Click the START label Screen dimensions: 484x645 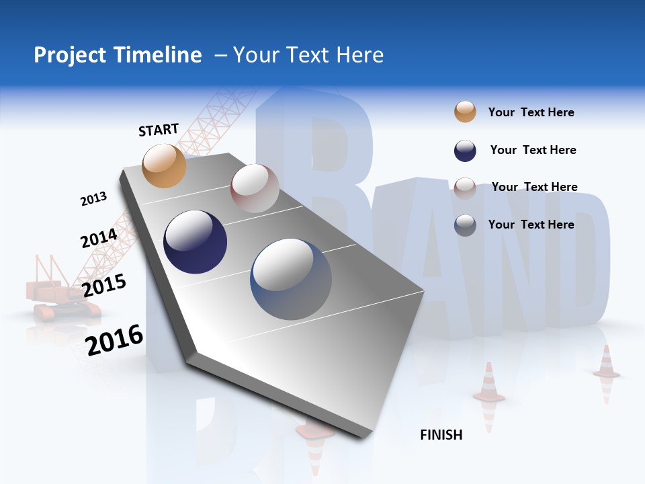pos(159,130)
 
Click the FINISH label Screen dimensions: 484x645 pos(441,435)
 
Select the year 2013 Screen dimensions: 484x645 pos(93,199)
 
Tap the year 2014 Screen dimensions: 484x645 pos(99,239)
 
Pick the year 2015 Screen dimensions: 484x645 pos(104,285)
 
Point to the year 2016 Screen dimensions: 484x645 pos(114,339)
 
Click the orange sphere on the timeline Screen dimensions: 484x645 pos(165,165)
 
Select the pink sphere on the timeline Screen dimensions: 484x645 pos(255,188)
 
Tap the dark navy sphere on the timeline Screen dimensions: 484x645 pos(196,242)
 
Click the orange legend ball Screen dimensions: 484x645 pos(465,112)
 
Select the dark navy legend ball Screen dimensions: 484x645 pos(465,151)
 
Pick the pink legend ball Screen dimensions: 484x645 pos(465,188)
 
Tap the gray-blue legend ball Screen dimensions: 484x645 pos(465,225)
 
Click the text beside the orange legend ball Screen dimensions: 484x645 pos(531,112)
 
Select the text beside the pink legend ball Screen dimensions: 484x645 pos(534,187)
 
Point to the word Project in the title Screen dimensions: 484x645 pos(71,55)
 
